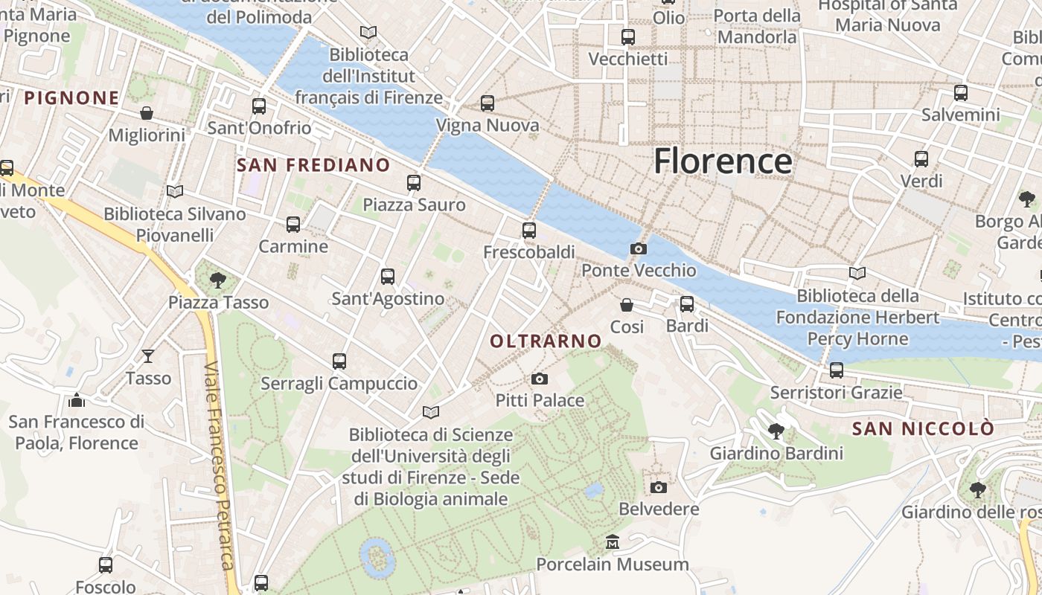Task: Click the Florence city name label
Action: pyautogui.click(x=723, y=161)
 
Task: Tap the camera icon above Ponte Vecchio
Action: pyautogui.click(x=638, y=249)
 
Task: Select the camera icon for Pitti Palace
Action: pyautogui.click(x=540, y=379)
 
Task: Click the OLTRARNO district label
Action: pyautogui.click(x=546, y=341)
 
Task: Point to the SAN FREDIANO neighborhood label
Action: pyautogui.click(x=313, y=165)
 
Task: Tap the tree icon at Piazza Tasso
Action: pyautogui.click(x=218, y=280)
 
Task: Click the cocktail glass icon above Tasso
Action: pyautogui.click(x=148, y=356)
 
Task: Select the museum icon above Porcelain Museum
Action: pyautogui.click(x=613, y=542)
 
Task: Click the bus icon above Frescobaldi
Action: pyautogui.click(x=529, y=231)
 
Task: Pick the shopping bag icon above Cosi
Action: pyautogui.click(x=627, y=305)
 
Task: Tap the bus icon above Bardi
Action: pyautogui.click(x=687, y=304)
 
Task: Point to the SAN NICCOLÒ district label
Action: pyautogui.click(x=922, y=429)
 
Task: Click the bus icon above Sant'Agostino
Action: pyautogui.click(x=388, y=277)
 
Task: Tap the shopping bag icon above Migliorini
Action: pyautogui.click(x=147, y=113)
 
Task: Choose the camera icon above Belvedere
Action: pyautogui.click(x=659, y=488)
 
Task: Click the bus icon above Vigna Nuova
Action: pyautogui.click(x=488, y=103)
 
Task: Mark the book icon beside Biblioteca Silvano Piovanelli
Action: pyautogui.click(x=175, y=192)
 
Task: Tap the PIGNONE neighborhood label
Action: pyautogui.click(x=71, y=98)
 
